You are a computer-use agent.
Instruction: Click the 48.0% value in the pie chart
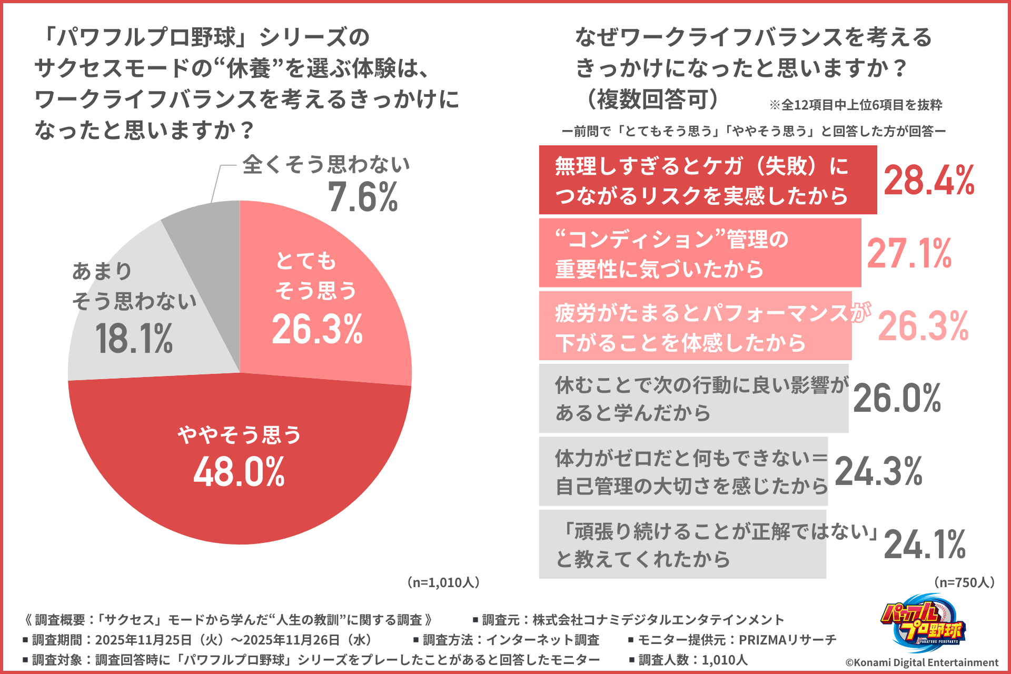coord(239,472)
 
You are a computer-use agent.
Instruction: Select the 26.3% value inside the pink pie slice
coord(318,330)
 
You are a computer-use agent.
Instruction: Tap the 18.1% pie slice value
coord(134,339)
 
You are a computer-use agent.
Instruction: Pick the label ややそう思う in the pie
coord(239,435)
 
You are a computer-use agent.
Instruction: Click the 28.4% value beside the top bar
coord(929,181)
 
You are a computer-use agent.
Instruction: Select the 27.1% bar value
coord(909,254)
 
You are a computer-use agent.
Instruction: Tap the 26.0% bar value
coord(897,399)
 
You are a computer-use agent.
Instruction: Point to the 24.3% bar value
coord(878,471)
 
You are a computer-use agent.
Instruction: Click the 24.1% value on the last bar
coord(925,544)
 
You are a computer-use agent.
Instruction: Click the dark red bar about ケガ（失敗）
coord(707,181)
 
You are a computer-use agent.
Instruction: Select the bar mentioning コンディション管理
coord(699,254)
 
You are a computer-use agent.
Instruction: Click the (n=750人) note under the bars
coord(964,582)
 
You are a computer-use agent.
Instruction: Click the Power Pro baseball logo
coord(922,625)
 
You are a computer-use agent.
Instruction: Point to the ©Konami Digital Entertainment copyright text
coord(921,662)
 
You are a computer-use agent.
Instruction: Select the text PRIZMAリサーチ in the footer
coord(788,640)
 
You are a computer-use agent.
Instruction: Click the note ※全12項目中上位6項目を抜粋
coord(856,105)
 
